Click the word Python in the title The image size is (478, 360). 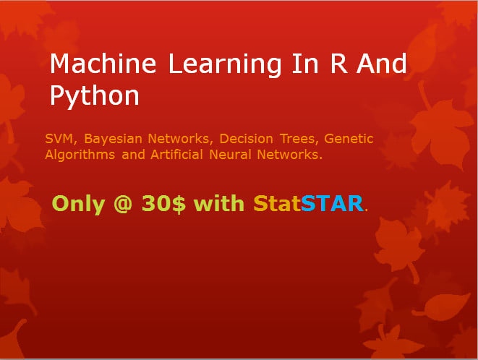tap(94, 95)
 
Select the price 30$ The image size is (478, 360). tap(163, 204)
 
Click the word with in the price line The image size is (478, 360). tap(219, 204)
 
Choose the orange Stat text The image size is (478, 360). tap(276, 204)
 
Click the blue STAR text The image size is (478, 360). tap(331, 204)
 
